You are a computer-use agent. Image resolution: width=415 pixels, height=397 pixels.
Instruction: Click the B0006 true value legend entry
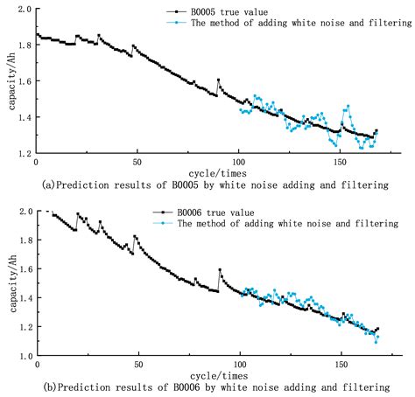[x=215, y=212]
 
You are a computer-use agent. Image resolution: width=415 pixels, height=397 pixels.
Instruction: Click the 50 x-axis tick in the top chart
[x=137, y=163]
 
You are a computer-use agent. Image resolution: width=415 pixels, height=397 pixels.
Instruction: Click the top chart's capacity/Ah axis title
[x=7, y=80]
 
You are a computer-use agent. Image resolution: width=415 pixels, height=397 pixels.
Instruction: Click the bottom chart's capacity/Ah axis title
[x=7, y=283]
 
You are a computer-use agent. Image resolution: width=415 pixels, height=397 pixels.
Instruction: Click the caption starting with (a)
[x=211, y=185]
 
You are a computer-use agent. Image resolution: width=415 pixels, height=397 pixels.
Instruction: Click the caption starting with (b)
[x=211, y=387]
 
